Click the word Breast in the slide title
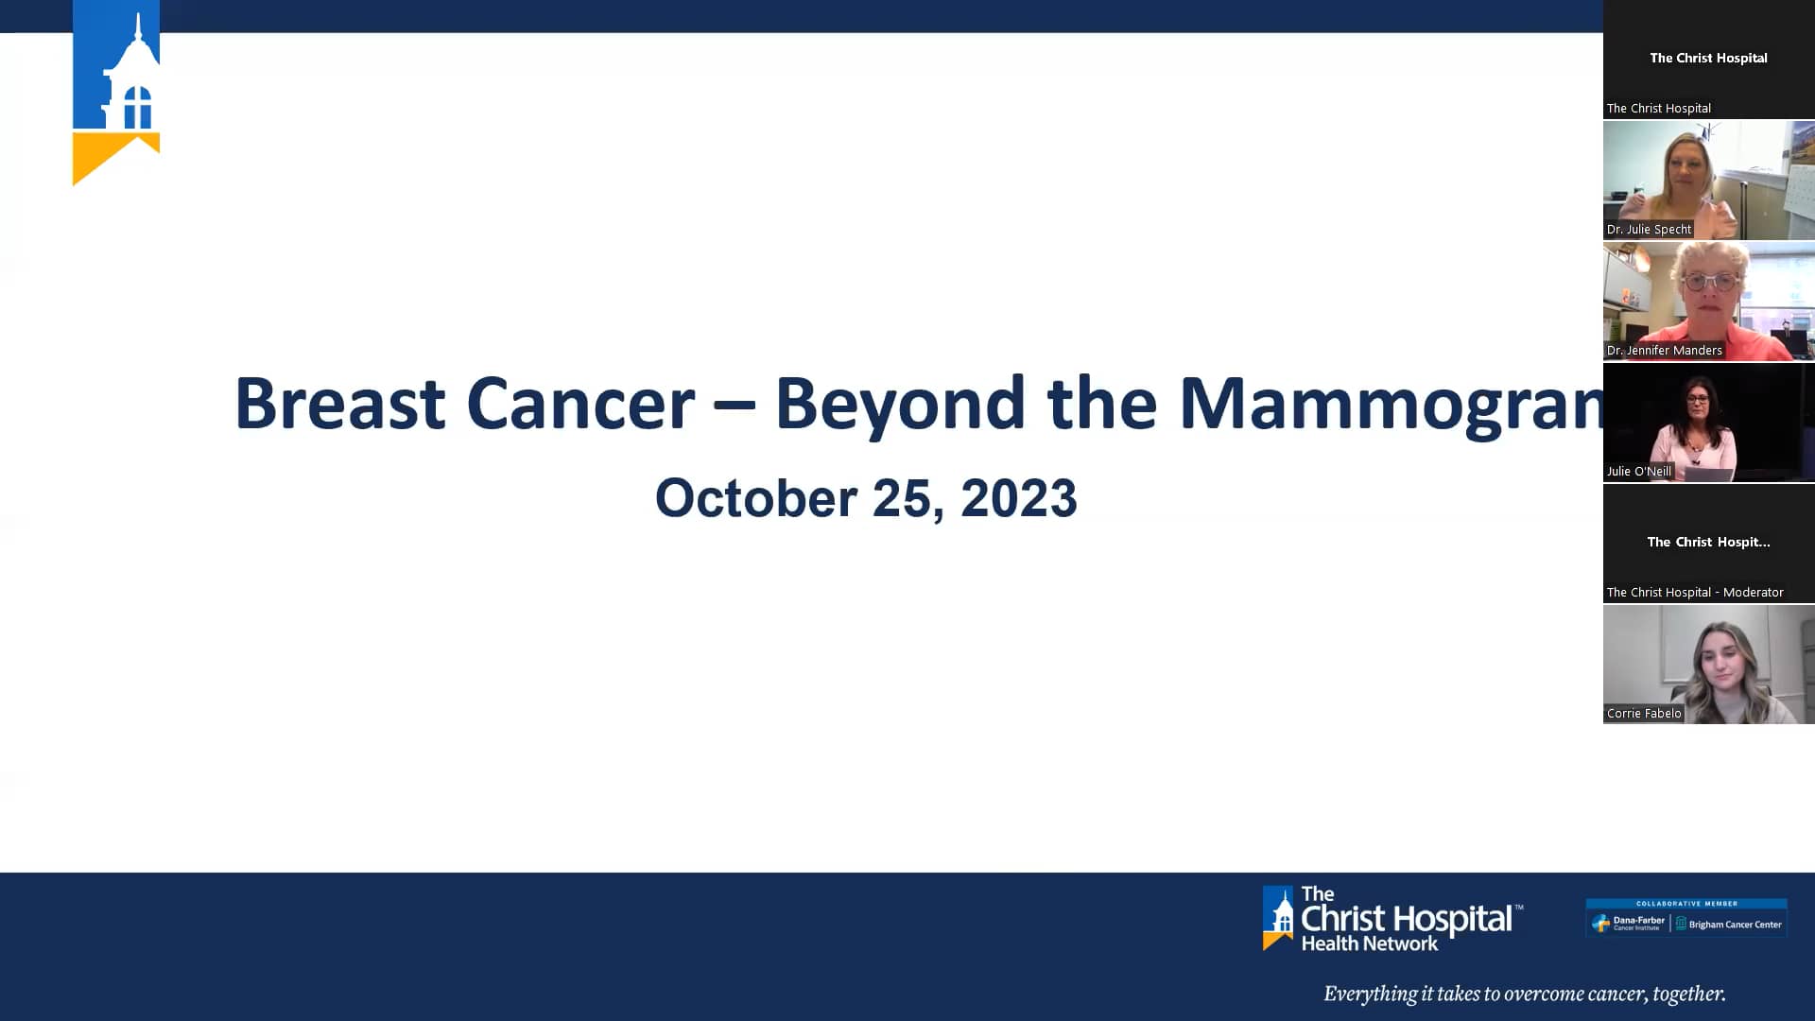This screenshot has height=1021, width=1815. [339, 405]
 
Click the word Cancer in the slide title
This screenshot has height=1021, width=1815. [580, 405]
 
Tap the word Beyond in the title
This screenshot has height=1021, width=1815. [899, 405]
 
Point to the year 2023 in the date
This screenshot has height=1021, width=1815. [1018, 498]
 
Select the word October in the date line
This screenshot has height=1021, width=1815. [755, 498]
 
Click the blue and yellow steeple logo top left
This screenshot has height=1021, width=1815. [116, 93]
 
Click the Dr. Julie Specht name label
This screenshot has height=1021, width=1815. [1649, 230]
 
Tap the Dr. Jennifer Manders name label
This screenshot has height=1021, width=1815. [1664, 351]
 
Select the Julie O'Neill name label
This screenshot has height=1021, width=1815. [1638, 472]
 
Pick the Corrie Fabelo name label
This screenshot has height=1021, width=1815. [1643, 714]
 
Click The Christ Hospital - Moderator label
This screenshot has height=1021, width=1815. [1694, 593]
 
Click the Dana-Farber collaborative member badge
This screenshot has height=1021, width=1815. [1686, 918]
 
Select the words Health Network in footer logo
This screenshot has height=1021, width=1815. [1369, 943]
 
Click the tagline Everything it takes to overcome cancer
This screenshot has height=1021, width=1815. [1524, 994]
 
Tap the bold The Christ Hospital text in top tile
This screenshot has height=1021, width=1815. [1708, 58]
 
